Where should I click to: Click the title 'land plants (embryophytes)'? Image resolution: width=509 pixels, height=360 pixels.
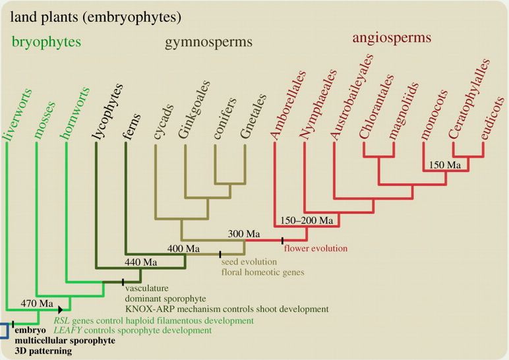pyautogui.click(x=95, y=15)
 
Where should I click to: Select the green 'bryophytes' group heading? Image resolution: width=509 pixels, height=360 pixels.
pyautogui.click(x=46, y=43)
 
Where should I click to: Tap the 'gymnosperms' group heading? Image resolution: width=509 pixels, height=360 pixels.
pyautogui.click(x=208, y=43)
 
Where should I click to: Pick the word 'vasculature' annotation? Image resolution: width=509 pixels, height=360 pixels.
pyautogui.click(x=146, y=288)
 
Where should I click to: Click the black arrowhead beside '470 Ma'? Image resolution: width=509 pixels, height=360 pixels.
pyautogui.click(x=61, y=309)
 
